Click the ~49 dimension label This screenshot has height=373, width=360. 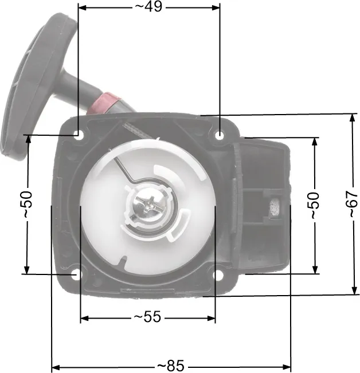148,7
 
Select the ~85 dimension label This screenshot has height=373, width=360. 171,366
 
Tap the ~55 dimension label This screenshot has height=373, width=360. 148,317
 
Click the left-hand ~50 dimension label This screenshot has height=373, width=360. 28,204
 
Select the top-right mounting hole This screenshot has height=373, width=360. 220,136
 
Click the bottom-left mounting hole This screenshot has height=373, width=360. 76,275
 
